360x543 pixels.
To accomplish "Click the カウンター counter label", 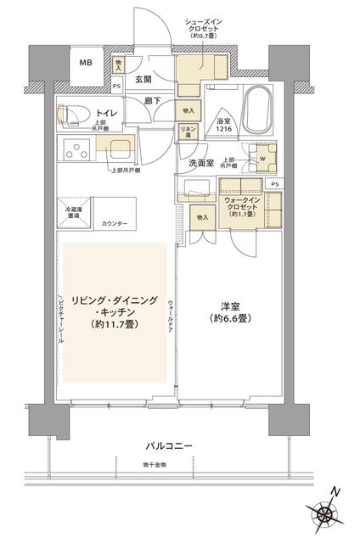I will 115,223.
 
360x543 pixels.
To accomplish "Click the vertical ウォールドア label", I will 172,314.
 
